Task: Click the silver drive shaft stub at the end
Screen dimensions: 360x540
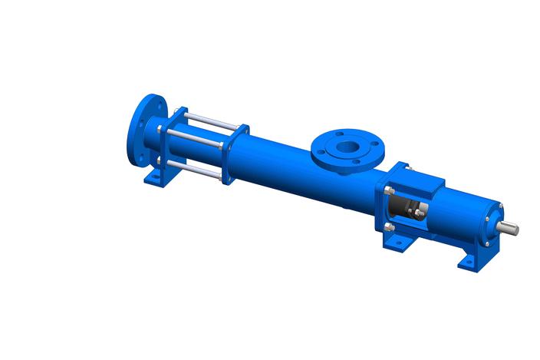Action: coord(509,228)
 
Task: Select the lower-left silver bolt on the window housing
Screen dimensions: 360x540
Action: coord(389,227)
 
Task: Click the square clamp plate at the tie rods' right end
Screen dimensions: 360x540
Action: coord(235,154)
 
